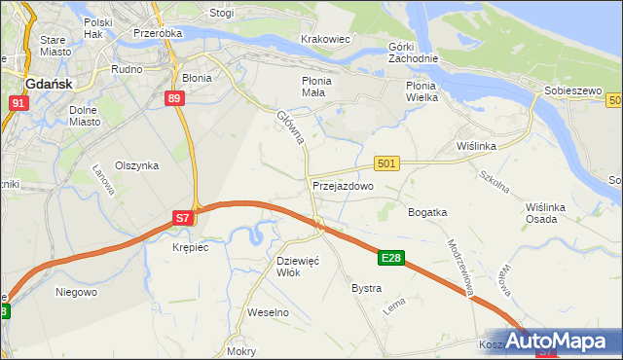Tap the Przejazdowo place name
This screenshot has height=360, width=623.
coord(343,185)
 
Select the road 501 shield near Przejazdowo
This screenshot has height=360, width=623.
coord(386,164)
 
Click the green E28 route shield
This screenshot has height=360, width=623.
coord(391,258)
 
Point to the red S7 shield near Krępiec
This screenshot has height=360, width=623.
coord(183,219)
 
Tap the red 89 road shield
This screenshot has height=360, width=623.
coord(175,98)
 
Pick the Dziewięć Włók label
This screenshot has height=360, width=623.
coord(299,267)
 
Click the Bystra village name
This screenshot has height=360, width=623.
coord(366,289)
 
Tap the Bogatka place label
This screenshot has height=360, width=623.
coord(427,211)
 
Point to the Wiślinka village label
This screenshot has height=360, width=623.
coord(477,146)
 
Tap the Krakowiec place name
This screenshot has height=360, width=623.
coord(325,39)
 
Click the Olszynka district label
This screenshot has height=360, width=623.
coord(136,165)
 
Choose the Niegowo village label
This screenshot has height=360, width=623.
coord(76,291)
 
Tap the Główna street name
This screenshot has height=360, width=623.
coord(290,127)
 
